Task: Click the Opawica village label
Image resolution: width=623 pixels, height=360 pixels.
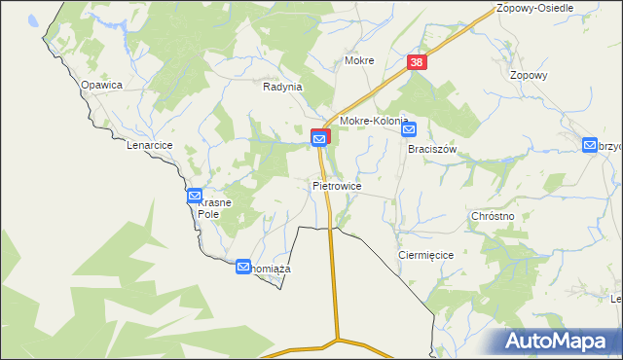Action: (101, 85)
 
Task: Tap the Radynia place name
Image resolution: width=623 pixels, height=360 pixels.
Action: (283, 86)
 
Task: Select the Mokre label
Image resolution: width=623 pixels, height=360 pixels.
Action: (359, 60)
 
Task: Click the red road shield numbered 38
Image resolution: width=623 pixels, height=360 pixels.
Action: (417, 62)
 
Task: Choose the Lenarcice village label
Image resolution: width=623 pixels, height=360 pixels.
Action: (149, 145)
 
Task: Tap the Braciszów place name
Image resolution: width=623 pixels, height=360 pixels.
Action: (432, 150)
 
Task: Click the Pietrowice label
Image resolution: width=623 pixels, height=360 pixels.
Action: (337, 185)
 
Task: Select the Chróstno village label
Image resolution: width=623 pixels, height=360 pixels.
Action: (492, 215)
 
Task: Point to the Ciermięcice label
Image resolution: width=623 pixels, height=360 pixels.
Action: (426, 254)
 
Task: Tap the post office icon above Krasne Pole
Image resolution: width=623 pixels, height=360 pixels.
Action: (194, 197)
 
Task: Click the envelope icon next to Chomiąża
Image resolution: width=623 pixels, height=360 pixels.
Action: (242, 266)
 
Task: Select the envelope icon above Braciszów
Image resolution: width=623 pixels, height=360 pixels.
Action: (409, 128)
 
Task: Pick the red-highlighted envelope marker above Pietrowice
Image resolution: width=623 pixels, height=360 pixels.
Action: (320, 139)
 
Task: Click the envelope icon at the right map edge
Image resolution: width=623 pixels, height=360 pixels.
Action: (590, 145)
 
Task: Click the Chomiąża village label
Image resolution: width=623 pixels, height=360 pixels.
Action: (271, 268)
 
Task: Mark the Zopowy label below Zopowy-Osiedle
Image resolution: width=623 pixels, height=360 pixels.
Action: (529, 75)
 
